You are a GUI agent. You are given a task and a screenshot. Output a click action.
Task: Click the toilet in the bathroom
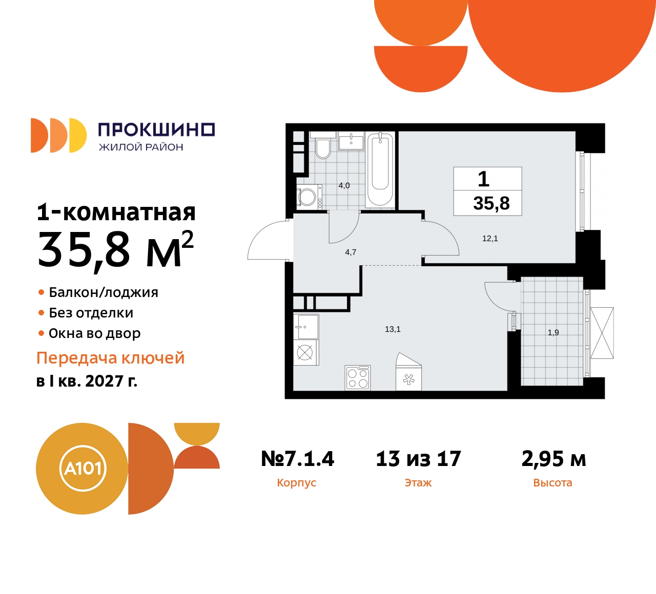(x=323, y=148)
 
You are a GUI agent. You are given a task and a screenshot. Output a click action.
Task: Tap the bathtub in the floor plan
(x=380, y=168)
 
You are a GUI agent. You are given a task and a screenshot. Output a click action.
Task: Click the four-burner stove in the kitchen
(x=358, y=378)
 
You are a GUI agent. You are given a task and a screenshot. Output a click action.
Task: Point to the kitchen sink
(x=305, y=327)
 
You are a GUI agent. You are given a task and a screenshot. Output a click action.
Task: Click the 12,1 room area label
(x=490, y=239)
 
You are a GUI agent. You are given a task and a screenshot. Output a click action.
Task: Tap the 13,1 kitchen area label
(x=393, y=329)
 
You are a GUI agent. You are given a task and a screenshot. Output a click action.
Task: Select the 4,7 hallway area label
(x=351, y=252)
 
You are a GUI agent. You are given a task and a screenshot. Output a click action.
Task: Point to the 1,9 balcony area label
(x=553, y=333)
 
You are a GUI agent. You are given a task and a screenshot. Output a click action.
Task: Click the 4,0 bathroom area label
(x=344, y=186)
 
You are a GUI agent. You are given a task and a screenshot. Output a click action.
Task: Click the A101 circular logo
(x=83, y=469)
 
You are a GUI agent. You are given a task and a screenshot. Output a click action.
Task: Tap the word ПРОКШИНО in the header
(x=156, y=130)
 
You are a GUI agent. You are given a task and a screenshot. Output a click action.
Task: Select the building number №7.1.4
(x=297, y=459)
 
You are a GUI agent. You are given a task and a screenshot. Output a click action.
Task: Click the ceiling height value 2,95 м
(x=553, y=459)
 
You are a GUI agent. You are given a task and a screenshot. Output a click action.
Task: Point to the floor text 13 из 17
(x=418, y=459)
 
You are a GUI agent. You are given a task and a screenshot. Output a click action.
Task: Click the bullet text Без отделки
(x=91, y=313)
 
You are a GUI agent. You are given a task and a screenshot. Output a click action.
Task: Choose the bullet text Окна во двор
(x=94, y=333)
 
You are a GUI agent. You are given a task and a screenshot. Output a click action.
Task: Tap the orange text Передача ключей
(x=110, y=358)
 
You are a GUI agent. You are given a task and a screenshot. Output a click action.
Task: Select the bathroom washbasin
(x=351, y=140)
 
